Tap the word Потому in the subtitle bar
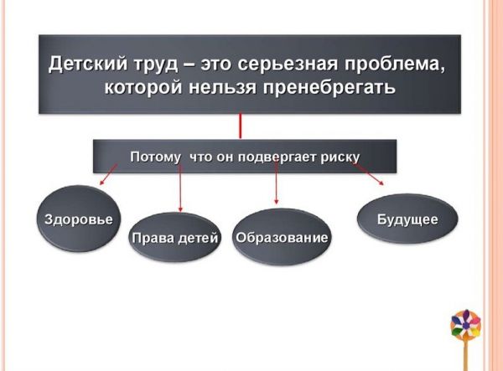point(157,157)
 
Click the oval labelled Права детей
point(174,238)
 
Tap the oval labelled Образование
point(282,238)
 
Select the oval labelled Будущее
point(408,219)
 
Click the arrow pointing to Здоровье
point(106,175)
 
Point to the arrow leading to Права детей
point(180,189)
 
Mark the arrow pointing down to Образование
point(277,184)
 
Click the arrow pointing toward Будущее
point(369,174)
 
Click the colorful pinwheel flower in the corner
point(466,323)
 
